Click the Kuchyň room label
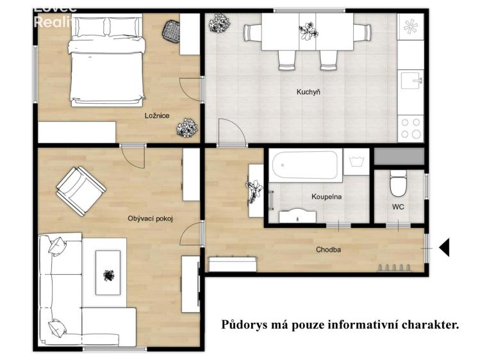pos(308,92)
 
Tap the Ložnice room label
pos(156,116)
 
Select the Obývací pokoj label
pos(151,219)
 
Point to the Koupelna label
pos(326,197)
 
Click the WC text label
pos(398,207)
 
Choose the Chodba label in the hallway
pos(327,249)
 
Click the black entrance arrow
pos(443,247)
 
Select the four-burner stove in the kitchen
pos(410,128)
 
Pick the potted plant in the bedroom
pos(186,128)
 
